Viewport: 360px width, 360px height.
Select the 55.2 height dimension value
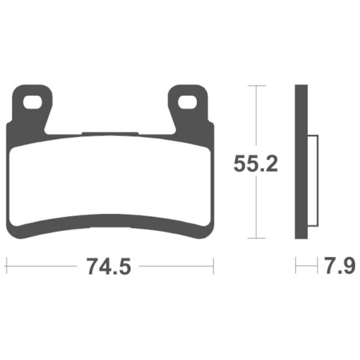tap(255, 164)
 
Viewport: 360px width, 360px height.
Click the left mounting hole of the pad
tap(33, 101)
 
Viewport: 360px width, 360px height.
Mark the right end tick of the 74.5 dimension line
tap(213, 266)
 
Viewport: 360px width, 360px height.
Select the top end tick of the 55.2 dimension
tap(254, 86)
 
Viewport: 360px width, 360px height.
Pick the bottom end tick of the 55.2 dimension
tap(254, 239)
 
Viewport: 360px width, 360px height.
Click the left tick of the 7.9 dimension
tap(296, 266)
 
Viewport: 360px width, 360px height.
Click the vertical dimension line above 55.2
tap(254, 116)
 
